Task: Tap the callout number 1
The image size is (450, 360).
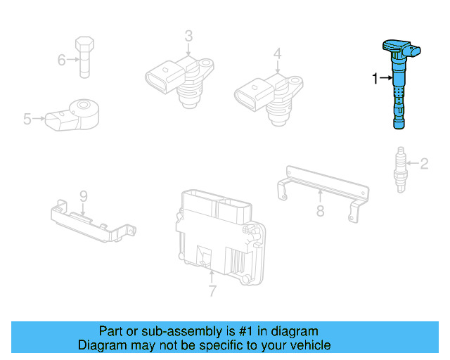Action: click(x=375, y=78)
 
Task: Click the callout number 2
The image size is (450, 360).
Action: click(x=424, y=165)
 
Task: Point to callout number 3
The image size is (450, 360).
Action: click(x=188, y=35)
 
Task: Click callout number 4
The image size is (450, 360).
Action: click(x=277, y=53)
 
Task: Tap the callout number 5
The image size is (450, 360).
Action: click(x=27, y=120)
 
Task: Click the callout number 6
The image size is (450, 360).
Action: click(x=62, y=60)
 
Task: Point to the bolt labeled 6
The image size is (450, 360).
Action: click(x=84, y=54)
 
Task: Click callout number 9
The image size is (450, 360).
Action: click(x=82, y=195)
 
